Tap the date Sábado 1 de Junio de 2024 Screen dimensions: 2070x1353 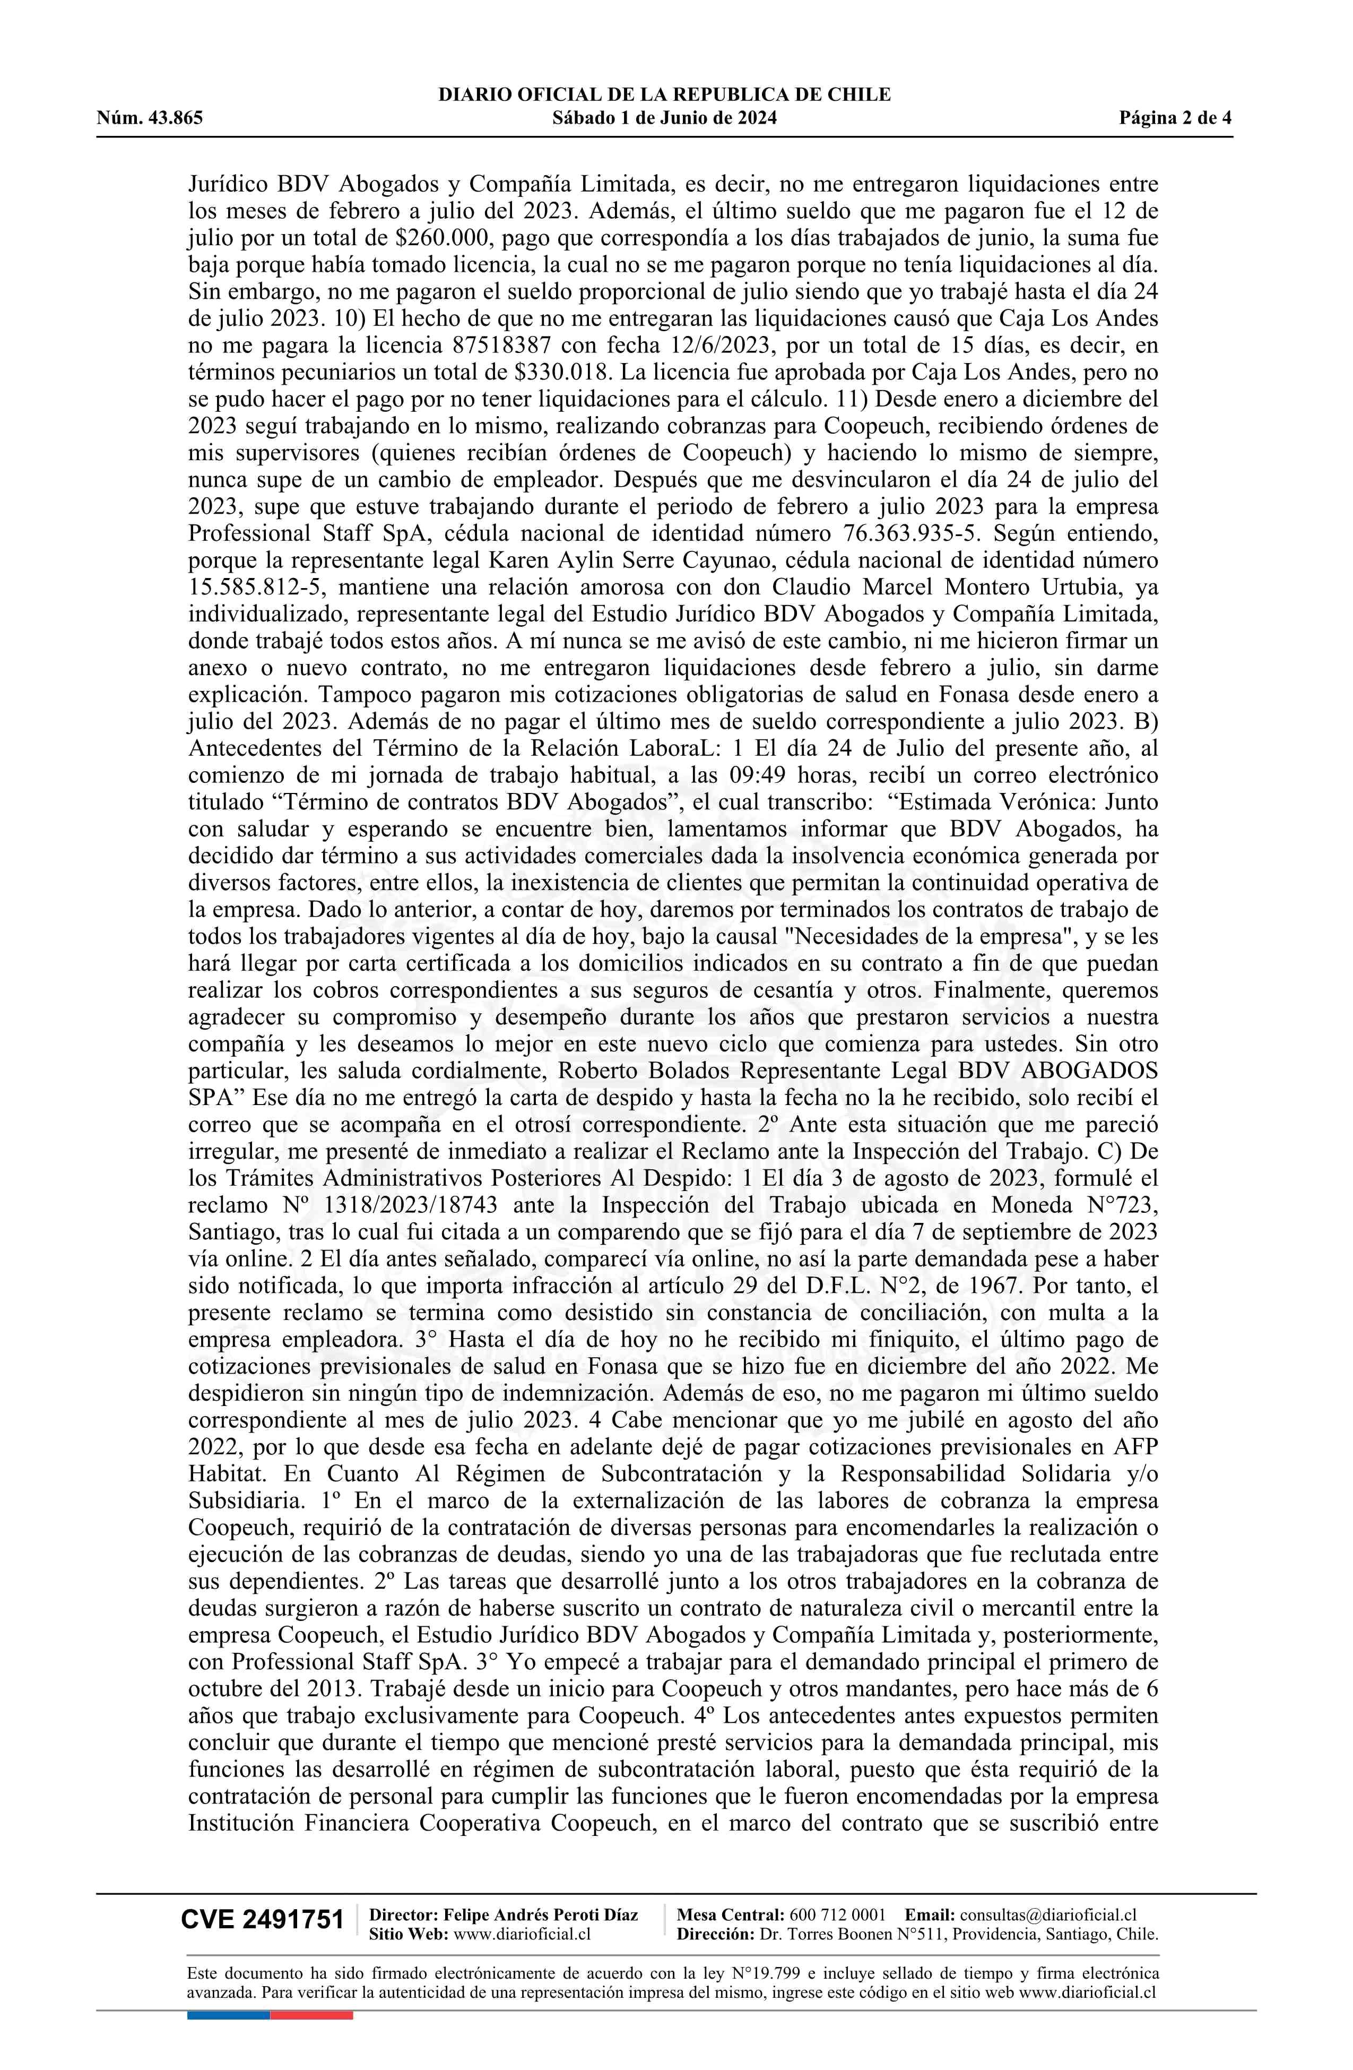click(664, 118)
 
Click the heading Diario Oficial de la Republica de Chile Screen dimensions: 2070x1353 click(664, 95)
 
